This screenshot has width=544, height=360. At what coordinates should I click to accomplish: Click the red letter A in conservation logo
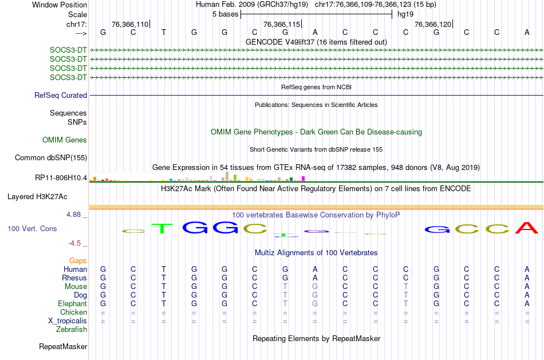pos(527,228)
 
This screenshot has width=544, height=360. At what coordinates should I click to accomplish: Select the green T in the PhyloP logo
pos(163,228)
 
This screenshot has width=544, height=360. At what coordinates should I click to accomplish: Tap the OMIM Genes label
pos(65,140)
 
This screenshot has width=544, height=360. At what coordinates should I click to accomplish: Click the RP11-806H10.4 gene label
pos(61,178)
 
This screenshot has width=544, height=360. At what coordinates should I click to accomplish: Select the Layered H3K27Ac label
pos(37,197)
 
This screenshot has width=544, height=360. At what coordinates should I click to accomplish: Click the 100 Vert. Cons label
pos(32,229)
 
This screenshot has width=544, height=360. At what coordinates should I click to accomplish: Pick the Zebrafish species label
pos(72,330)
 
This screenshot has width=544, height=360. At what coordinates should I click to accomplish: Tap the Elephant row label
pos(72,304)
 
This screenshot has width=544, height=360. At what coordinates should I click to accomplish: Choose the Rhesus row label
pos(74,278)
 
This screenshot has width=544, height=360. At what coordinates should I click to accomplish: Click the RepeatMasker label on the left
pos(63,347)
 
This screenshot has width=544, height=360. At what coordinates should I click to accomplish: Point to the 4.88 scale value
pos(77,215)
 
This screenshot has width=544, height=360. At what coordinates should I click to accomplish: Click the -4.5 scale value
pos(77,243)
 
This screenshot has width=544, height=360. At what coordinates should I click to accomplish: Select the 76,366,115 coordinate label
pos(281,25)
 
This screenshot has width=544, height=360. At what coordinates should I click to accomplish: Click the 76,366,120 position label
pos(432,25)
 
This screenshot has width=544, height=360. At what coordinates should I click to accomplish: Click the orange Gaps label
pos(78,261)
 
